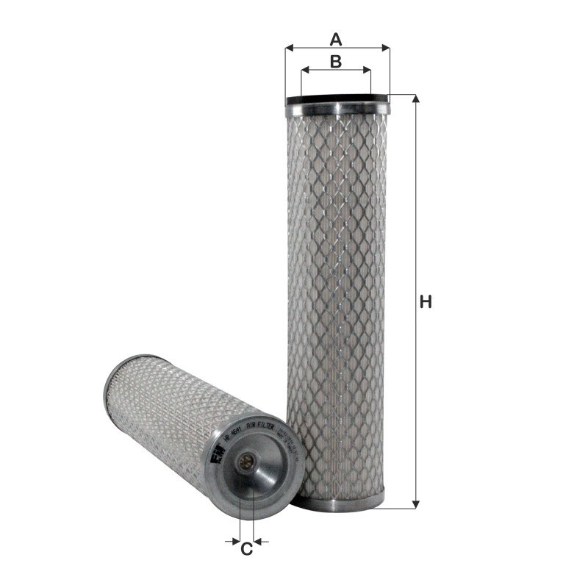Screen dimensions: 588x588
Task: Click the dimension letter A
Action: (x=336, y=37)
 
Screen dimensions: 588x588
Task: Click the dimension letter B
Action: (x=335, y=62)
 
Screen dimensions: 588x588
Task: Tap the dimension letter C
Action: (x=247, y=548)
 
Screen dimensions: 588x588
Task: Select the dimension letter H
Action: (x=425, y=301)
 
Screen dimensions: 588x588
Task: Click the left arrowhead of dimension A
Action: (x=289, y=48)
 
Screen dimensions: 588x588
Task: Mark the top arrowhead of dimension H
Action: (x=417, y=100)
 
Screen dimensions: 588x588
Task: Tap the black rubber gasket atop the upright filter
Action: (x=337, y=99)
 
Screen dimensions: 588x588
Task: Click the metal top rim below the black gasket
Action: (x=337, y=109)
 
